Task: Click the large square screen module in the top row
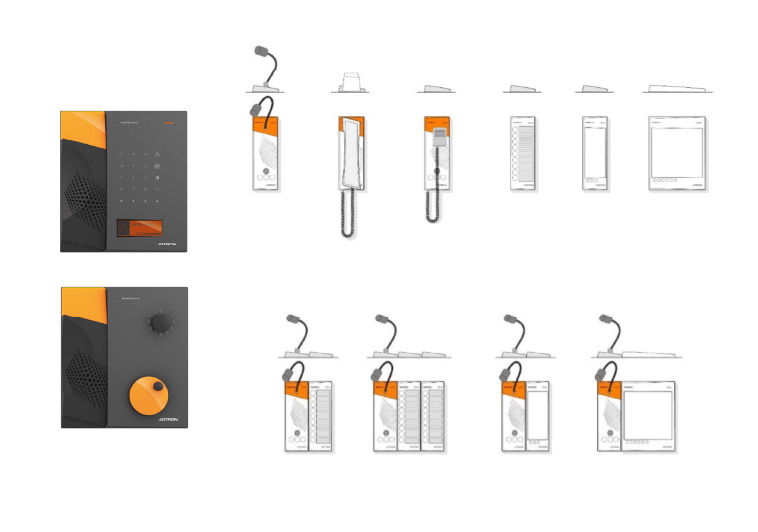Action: [x=677, y=150]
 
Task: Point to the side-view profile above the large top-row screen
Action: [x=677, y=89]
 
